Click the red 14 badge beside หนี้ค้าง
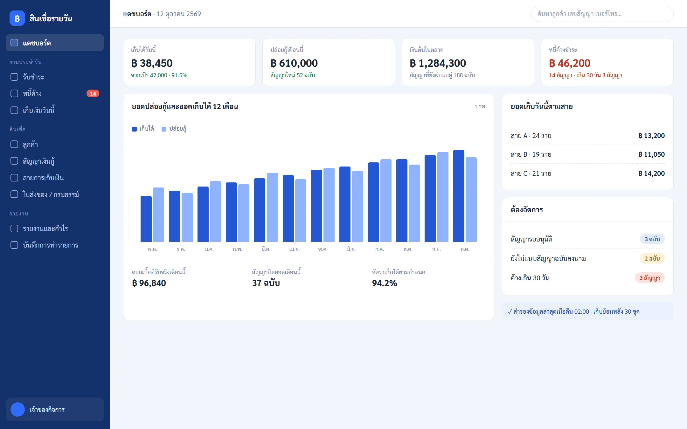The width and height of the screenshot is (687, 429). coord(93,93)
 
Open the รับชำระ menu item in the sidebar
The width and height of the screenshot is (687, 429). coord(55,77)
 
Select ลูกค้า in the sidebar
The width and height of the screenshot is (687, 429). coord(55,144)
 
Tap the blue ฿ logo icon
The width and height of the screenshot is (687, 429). coord(17,18)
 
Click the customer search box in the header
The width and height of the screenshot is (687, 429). coord(602,14)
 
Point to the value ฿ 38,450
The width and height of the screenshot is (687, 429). coord(152,63)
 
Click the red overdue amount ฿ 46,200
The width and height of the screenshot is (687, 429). coord(570,63)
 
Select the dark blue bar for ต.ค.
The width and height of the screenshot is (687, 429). coord(459,196)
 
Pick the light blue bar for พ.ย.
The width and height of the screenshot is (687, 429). coord(158,214)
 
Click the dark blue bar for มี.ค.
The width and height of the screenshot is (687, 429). coord(260,210)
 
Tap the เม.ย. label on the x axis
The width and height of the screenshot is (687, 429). coord(295,249)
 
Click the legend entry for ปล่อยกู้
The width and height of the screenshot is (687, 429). coord(174,129)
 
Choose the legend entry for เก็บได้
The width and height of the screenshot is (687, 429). coord(143,129)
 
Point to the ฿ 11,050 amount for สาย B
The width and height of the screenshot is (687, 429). coord(651,154)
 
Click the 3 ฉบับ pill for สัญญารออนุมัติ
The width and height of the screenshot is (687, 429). coord(652,239)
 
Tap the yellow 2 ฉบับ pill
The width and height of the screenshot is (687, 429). coord(652,258)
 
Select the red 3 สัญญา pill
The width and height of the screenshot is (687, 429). coord(649,278)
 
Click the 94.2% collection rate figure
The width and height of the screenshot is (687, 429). coord(385,283)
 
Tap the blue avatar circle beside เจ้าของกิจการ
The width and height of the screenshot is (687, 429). coord(17,409)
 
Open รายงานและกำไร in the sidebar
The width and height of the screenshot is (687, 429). coord(55,228)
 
